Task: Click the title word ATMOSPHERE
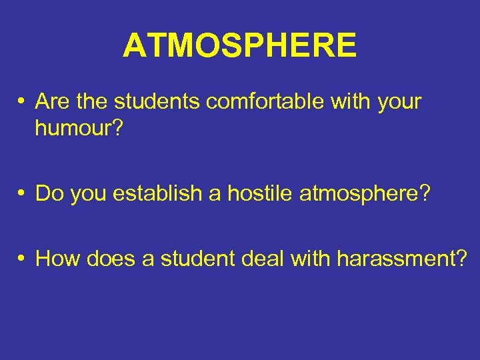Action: pyautogui.click(x=240, y=45)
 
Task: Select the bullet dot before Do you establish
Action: pyautogui.click(x=22, y=193)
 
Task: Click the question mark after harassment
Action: pyautogui.click(x=460, y=258)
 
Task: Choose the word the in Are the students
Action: pyautogui.click(x=93, y=102)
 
